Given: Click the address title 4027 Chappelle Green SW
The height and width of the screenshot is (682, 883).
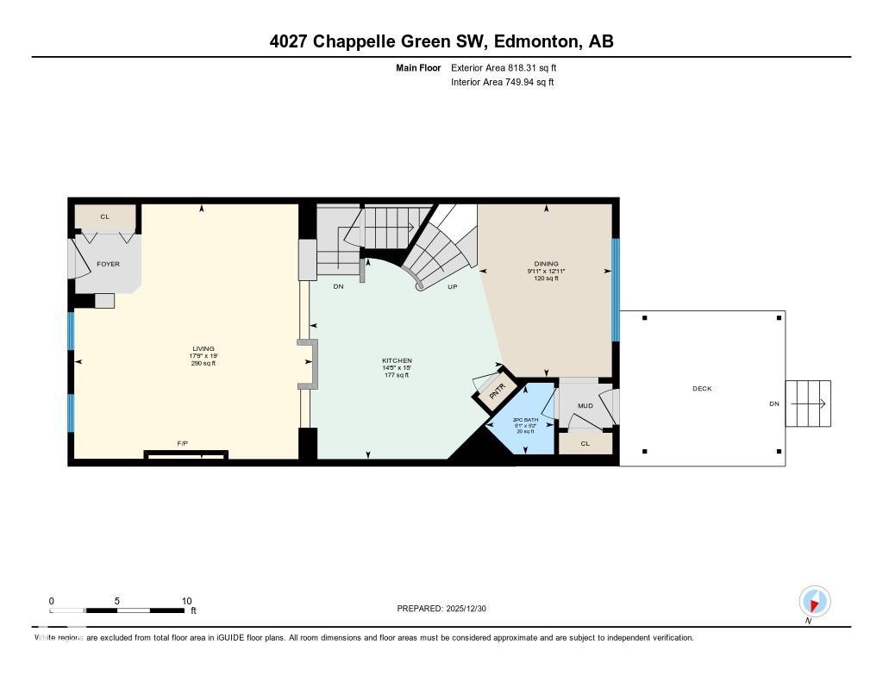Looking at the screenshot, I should [441, 41].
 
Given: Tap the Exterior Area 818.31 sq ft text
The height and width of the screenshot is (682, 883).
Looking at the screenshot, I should [510, 67].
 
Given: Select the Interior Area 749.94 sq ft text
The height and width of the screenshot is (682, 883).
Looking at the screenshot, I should [502, 83].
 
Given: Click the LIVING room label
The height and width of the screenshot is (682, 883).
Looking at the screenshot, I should [203, 348].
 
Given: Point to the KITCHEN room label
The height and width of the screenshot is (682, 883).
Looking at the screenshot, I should [397, 360].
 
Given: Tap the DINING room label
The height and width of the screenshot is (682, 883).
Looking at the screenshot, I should [546, 264].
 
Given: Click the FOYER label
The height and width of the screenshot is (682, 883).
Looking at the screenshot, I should [108, 264].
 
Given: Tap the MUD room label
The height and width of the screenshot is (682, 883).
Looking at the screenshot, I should [585, 405].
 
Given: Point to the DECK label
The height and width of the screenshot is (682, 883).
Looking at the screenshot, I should [702, 389].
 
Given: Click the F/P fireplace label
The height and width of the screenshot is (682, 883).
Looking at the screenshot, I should [182, 443].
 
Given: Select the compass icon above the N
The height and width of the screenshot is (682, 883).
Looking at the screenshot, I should [814, 600].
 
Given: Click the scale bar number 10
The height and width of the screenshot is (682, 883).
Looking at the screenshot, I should [186, 601].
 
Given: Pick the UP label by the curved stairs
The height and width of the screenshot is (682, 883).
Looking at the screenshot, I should [452, 287].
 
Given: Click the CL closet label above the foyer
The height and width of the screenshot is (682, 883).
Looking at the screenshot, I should [104, 216].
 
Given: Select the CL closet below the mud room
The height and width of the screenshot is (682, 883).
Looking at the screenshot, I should [585, 443].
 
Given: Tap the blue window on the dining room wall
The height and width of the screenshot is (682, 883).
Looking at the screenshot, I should [615, 290].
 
